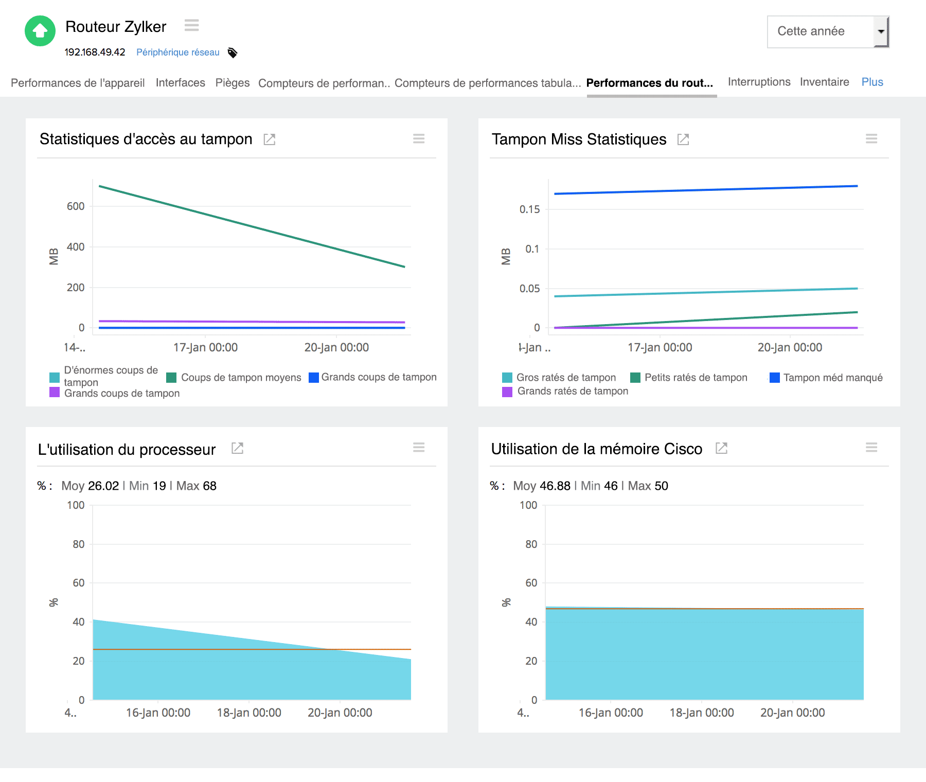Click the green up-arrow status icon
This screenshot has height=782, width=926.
40,31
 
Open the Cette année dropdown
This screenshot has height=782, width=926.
828,32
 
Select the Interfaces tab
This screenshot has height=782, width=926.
180,83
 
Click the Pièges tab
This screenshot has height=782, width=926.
233,83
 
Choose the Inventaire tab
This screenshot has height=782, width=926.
824,82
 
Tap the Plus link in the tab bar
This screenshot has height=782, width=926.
872,82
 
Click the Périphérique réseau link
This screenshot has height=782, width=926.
177,52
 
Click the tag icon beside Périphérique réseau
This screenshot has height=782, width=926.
233,52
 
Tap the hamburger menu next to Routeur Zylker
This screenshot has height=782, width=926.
191,25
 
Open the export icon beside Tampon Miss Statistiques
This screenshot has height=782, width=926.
683,139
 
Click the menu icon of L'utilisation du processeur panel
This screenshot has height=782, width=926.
419,448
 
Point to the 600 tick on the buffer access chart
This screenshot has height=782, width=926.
76,206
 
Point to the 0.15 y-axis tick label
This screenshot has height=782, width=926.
529,209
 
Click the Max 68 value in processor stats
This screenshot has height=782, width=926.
196,486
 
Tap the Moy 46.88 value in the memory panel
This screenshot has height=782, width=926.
542,486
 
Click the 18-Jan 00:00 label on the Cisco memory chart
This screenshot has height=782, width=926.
701,713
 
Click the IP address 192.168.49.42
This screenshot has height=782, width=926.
95,52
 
